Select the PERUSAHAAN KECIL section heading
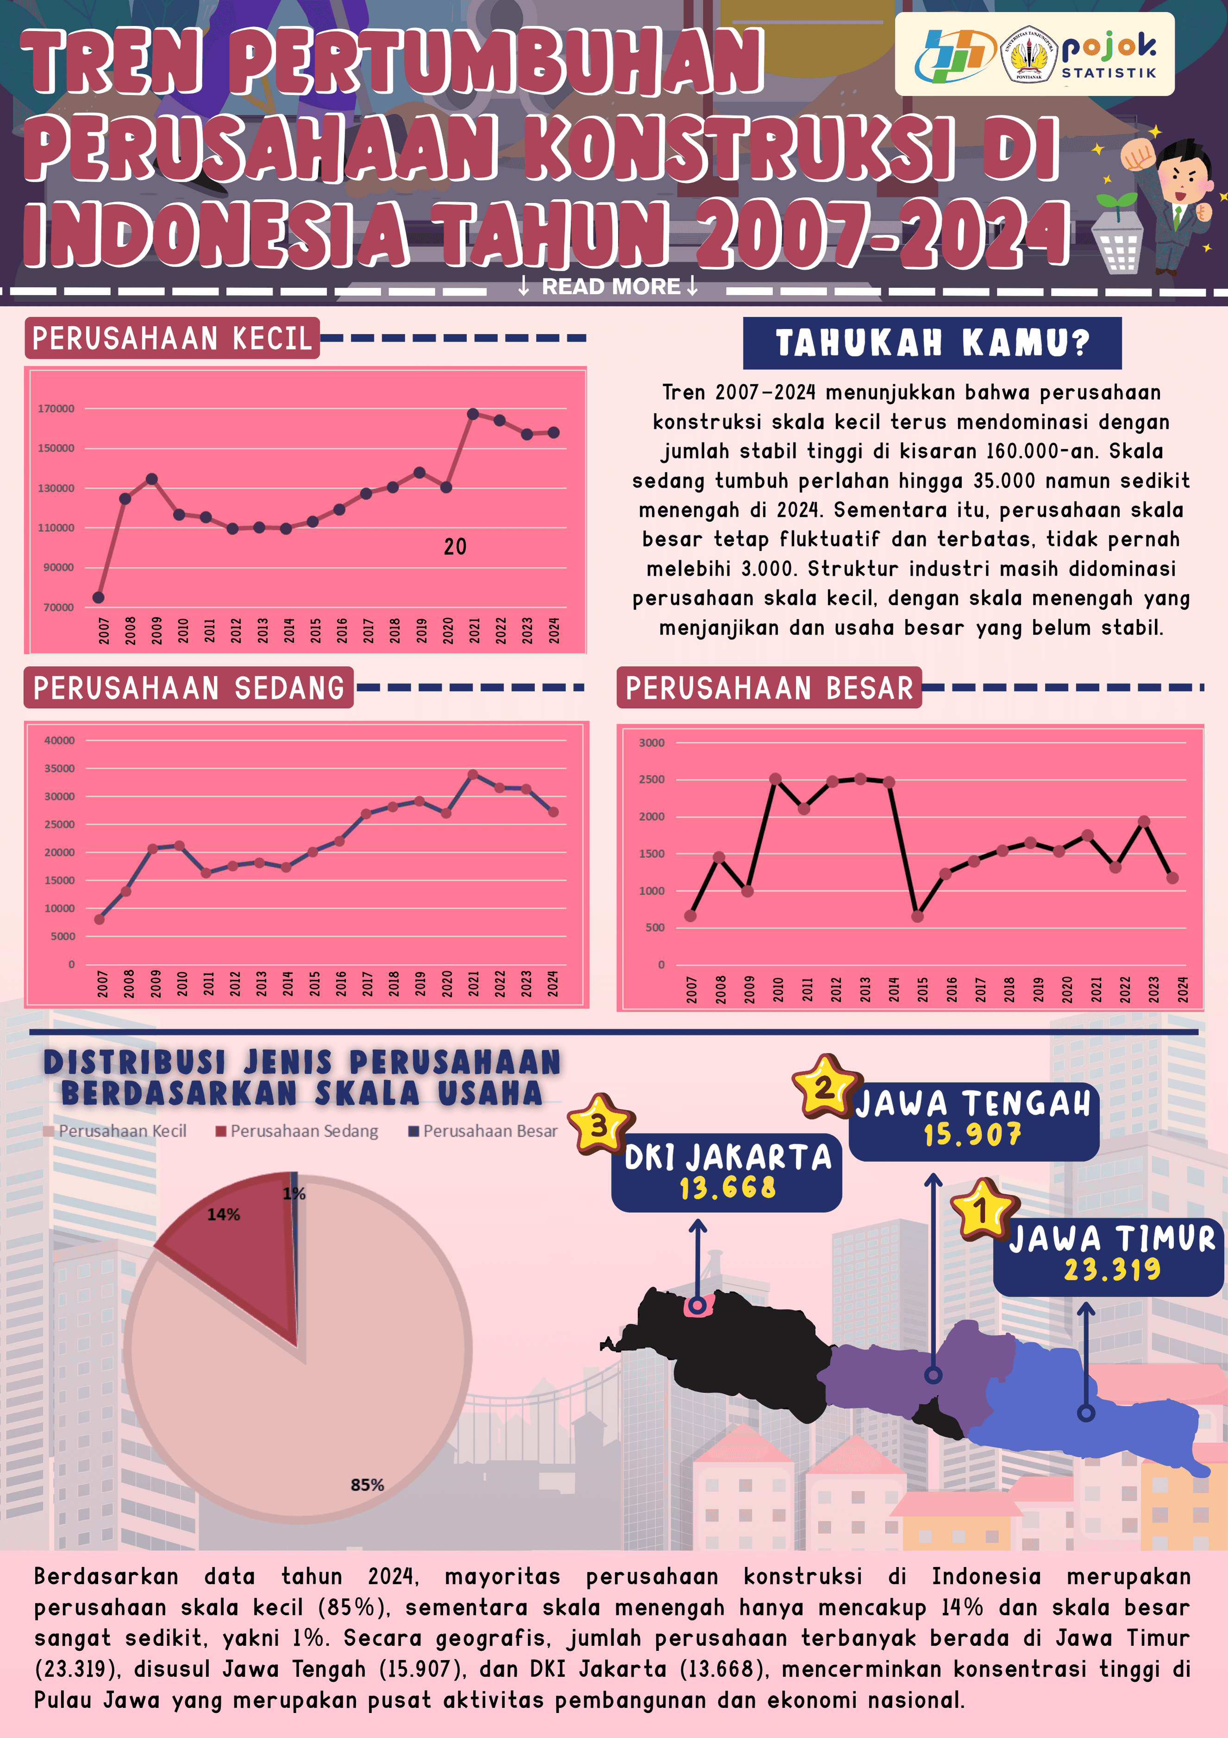(x=172, y=338)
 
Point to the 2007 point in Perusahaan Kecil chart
(x=98, y=597)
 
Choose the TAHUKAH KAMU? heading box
(x=932, y=343)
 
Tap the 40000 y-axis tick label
(x=59, y=740)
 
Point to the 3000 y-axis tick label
(x=651, y=742)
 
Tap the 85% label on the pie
(x=367, y=1485)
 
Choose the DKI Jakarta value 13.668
(x=727, y=1188)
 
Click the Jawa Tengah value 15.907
(x=972, y=1134)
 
